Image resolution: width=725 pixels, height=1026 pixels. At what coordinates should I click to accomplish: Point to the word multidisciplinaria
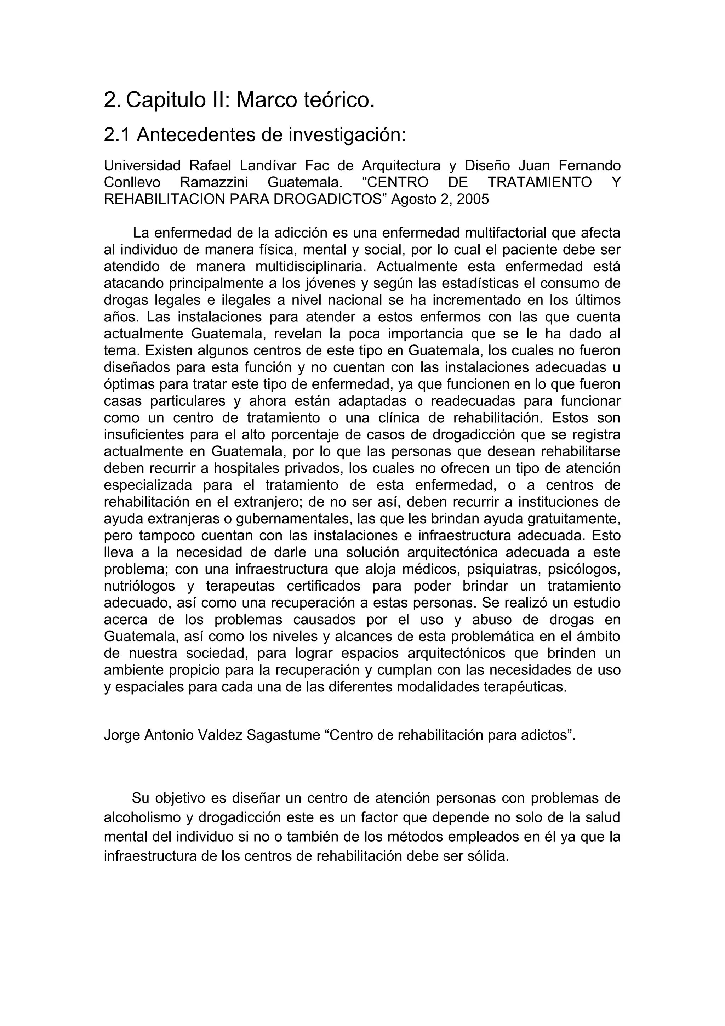point(310,267)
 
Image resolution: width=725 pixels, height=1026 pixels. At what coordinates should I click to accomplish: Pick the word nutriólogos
point(139,586)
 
